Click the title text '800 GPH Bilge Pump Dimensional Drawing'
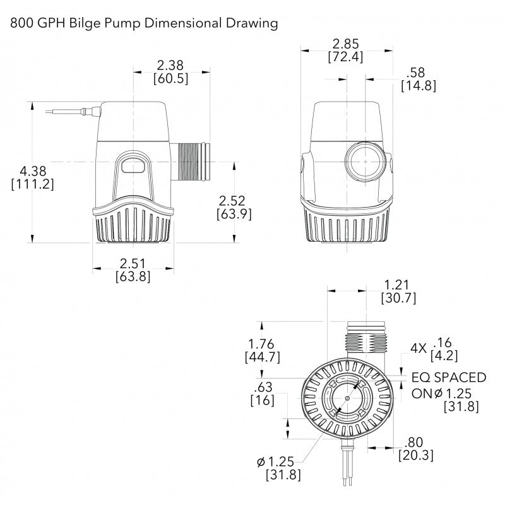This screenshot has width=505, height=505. click(144, 24)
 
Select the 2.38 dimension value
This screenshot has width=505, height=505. click(170, 65)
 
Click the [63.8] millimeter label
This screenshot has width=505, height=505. click(133, 276)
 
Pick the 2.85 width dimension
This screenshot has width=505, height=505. click(345, 45)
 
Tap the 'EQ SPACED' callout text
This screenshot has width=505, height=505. click(449, 377)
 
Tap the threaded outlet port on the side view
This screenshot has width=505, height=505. click(194, 162)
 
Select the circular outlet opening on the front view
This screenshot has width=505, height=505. click(364, 162)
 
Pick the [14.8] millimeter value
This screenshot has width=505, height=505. click(418, 86)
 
